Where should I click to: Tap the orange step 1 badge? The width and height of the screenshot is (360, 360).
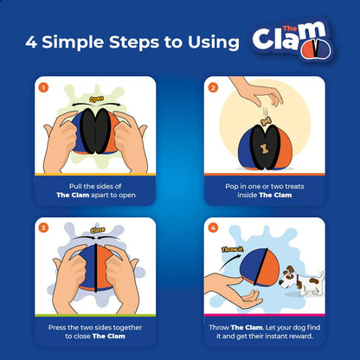(x=45, y=87)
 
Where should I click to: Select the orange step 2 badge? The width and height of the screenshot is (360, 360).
(x=212, y=87)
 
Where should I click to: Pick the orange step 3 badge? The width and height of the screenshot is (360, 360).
(x=45, y=227)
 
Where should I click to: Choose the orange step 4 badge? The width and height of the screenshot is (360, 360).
(x=212, y=227)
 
